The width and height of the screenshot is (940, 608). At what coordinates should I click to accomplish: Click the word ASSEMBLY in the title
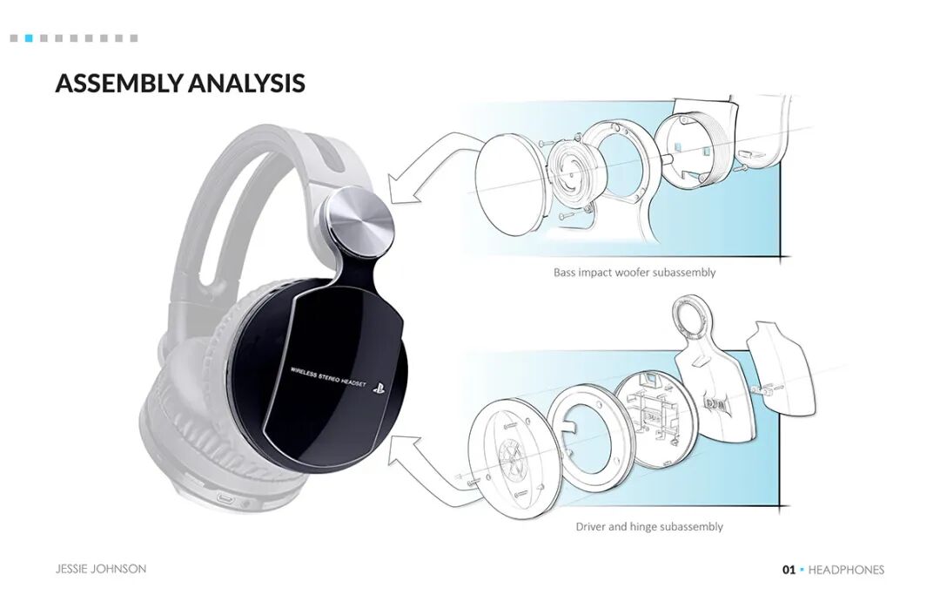tap(118, 84)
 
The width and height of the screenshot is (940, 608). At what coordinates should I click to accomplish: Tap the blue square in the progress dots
tap(29, 38)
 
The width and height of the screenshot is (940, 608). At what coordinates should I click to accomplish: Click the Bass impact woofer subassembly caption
tap(634, 273)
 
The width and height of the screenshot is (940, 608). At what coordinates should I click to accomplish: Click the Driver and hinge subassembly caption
tap(648, 527)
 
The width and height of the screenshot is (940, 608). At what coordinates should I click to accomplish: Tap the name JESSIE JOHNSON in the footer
tap(101, 569)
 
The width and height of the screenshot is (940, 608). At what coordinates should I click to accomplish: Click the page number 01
tap(789, 570)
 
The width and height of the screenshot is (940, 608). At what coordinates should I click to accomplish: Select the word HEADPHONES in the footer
tap(846, 570)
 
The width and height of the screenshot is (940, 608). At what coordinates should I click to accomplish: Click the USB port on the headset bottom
tap(227, 501)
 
